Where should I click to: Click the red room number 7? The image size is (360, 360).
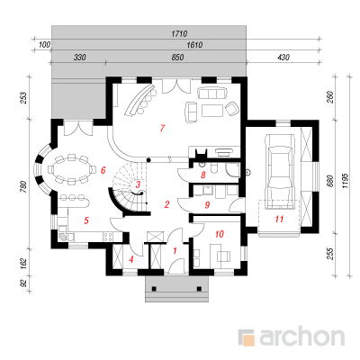tap(162, 129)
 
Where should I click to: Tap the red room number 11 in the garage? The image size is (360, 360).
tap(279, 219)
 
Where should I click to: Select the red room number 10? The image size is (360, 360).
tap(220, 234)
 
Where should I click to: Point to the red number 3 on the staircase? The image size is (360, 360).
tap(138, 184)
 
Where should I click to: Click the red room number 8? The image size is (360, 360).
tap(203, 175)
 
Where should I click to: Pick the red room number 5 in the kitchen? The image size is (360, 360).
tap(86, 220)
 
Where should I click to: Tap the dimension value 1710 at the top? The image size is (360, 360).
tap(179, 33)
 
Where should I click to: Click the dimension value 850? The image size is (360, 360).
tap(177, 57)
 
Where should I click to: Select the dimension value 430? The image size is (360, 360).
tap(283, 57)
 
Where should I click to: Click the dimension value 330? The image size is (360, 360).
tap(80, 57)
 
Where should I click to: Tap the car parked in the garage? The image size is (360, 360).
tap(280, 171)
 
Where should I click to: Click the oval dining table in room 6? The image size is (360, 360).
tap(71, 169)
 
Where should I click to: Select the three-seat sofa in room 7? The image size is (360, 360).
tap(211, 93)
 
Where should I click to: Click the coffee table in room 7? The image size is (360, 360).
tap(212, 110)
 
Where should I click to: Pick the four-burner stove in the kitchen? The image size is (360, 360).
tap(108, 237)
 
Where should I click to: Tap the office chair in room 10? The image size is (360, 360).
tap(224, 256)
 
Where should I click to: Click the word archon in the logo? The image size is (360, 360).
tap(301, 337)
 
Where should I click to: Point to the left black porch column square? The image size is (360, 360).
tap(154, 289)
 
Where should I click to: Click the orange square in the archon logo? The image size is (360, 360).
tap(248, 340)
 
